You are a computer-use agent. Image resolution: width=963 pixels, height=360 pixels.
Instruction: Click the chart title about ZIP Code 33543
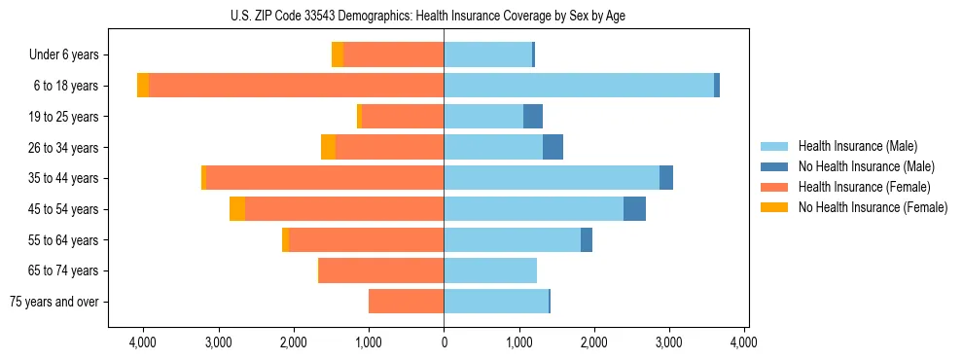pos(428,15)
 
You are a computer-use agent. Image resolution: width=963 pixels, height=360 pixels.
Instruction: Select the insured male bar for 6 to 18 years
pos(579,86)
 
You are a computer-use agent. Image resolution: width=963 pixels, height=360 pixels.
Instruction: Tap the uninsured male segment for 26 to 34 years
pos(553,147)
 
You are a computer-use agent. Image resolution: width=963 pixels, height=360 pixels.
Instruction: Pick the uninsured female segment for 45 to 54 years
pos(237,209)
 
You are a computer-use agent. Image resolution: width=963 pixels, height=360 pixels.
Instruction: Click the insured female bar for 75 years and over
pos(407,302)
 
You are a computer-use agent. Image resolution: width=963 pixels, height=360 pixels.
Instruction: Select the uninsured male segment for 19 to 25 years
pos(533,117)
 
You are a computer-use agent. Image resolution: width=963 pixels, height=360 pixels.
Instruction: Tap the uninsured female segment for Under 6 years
pos(338,54)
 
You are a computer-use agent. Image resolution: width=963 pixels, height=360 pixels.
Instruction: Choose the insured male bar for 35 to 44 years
pos(552,178)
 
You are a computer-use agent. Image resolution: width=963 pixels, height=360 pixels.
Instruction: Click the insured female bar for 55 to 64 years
pos(367,239)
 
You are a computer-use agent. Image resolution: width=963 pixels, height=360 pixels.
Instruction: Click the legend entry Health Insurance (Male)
pos(858,146)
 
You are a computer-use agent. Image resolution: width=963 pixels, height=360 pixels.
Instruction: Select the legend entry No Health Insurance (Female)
pos(873,207)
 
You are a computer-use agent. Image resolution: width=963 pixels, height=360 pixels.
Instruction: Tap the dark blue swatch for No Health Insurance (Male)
pos(774,166)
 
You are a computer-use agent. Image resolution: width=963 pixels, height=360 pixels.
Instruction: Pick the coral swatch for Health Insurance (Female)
pos(774,187)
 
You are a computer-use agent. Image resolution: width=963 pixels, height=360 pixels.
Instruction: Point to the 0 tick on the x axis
pos(445,342)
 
